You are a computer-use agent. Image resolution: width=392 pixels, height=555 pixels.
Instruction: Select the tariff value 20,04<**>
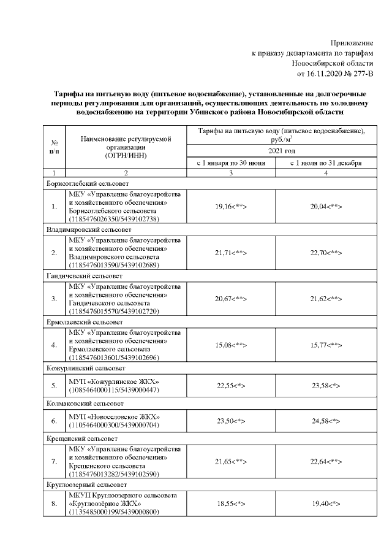coord(325,207)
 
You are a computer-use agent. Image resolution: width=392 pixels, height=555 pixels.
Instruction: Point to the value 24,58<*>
coord(325,421)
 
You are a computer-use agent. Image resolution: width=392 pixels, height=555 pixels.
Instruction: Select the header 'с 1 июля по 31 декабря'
coord(325,163)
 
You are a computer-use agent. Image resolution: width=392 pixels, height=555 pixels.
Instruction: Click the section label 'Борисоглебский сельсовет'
coord(86,183)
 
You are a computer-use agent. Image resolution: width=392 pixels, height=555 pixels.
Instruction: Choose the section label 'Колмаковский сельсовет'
coord(85,404)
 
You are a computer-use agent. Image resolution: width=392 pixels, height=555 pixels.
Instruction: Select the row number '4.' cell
coord(54,345)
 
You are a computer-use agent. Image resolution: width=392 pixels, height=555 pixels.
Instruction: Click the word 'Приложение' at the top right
coord(352,43)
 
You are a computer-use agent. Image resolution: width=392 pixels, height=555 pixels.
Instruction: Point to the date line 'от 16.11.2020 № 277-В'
coord(334,74)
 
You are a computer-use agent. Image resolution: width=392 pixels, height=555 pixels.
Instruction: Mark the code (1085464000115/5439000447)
coord(114,390)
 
